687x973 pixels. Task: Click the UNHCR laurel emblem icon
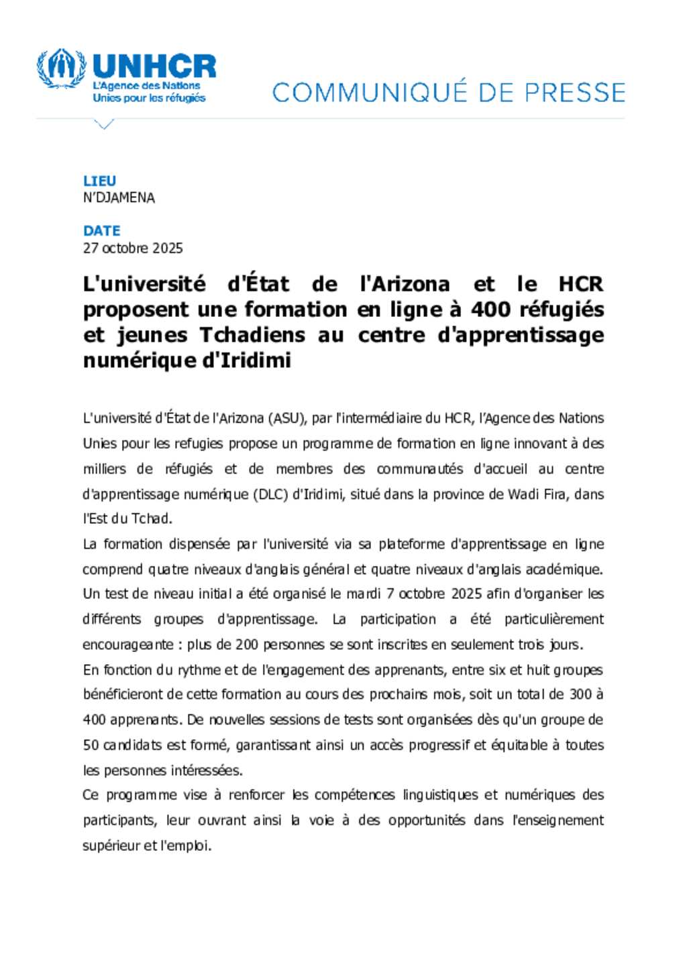tap(61, 68)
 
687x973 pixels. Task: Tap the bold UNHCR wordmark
tap(154, 66)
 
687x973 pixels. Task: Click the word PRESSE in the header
tap(575, 93)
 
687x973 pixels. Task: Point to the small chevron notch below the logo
tap(104, 124)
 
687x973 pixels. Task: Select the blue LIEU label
tap(99, 181)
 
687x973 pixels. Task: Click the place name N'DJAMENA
tap(119, 198)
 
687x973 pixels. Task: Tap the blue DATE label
tap(101, 230)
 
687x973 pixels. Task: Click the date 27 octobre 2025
tap(133, 248)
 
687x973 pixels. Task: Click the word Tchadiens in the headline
tap(252, 334)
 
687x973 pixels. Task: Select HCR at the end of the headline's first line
tap(581, 284)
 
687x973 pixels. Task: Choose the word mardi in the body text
tap(364, 594)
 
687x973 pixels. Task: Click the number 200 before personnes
tap(247, 645)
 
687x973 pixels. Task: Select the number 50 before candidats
tap(91, 745)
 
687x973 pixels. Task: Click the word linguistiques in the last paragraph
tap(439, 795)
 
